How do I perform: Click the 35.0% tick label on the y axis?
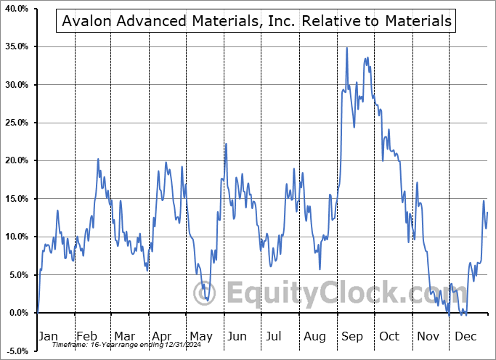tap(16, 46)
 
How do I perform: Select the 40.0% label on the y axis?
tap(16, 9)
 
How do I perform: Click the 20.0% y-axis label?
tap(16, 160)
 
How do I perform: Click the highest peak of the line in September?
tap(346, 48)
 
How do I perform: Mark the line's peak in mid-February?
tap(99, 159)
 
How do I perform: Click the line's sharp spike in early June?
tap(226, 144)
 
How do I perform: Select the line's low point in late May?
tap(207, 300)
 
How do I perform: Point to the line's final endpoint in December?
tap(487, 212)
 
